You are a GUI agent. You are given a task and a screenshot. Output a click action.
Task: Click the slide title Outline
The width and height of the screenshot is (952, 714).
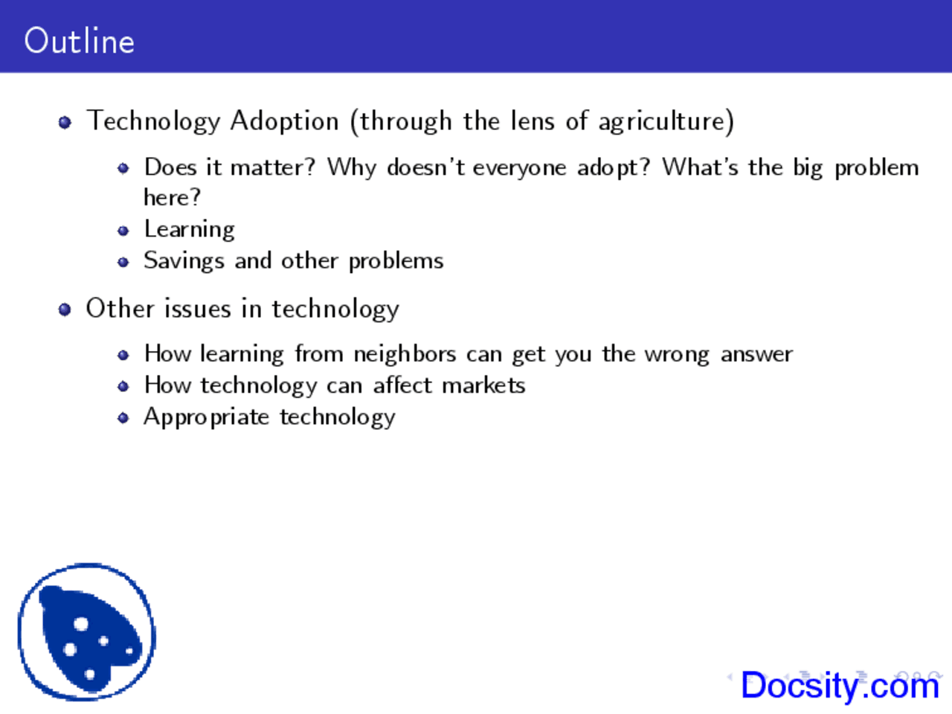pyautogui.click(x=79, y=41)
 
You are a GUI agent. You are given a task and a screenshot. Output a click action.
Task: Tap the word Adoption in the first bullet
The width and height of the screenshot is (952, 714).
pyautogui.click(x=284, y=120)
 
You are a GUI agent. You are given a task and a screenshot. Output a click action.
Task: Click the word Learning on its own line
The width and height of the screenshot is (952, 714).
pyautogui.click(x=190, y=229)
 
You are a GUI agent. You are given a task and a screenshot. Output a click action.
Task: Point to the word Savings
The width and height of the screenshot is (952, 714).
pyautogui.click(x=184, y=261)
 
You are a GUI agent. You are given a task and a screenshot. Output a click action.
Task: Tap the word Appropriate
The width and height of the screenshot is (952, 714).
pyautogui.click(x=206, y=417)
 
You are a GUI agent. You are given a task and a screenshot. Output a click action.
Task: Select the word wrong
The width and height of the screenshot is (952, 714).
pyautogui.click(x=677, y=355)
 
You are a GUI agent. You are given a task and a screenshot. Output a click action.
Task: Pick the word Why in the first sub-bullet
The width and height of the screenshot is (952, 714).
pyautogui.click(x=352, y=167)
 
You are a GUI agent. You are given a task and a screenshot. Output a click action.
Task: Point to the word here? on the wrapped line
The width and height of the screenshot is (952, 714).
pyautogui.click(x=172, y=198)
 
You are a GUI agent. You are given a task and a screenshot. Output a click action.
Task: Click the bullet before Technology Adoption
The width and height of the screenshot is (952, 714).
pyautogui.click(x=65, y=122)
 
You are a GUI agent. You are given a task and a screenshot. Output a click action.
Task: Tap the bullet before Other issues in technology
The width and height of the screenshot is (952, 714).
pyautogui.click(x=65, y=309)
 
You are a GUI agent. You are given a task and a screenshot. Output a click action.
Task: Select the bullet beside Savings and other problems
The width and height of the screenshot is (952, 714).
pyautogui.click(x=123, y=262)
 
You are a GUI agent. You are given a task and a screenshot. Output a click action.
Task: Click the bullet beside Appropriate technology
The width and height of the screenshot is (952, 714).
pyautogui.click(x=123, y=418)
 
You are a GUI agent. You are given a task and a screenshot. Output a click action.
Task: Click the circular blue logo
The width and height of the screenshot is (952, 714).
pyautogui.click(x=86, y=631)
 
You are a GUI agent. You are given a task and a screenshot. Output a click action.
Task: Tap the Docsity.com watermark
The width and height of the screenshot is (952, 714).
pyautogui.click(x=840, y=685)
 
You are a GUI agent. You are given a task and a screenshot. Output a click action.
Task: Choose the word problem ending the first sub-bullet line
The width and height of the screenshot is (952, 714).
pyautogui.click(x=876, y=168)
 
